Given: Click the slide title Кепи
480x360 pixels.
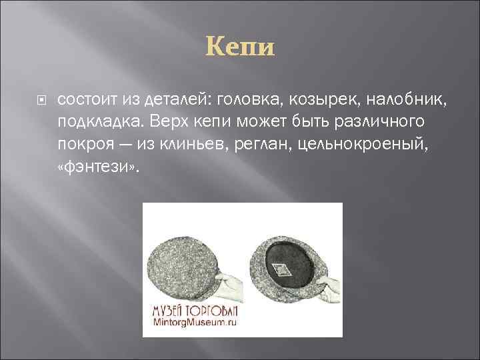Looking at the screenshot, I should [240, 48].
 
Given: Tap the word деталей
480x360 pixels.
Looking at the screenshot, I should [175, 99].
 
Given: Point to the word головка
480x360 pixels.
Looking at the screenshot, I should [248, 99].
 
